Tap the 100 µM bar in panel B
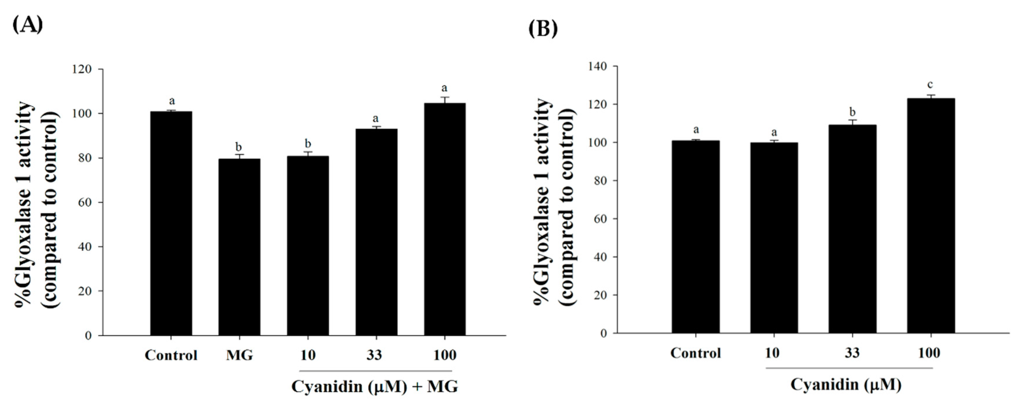[x=930, y=215]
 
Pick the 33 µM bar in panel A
[x=376, y=232]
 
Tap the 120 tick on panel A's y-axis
[x=82, y=69]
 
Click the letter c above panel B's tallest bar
[x=930, y=84]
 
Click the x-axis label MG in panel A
[x=239, y=355]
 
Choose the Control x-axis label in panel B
[x=695, y=353]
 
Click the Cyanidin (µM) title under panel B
[x=846, y=384]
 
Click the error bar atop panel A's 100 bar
[x=445, y=100]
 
